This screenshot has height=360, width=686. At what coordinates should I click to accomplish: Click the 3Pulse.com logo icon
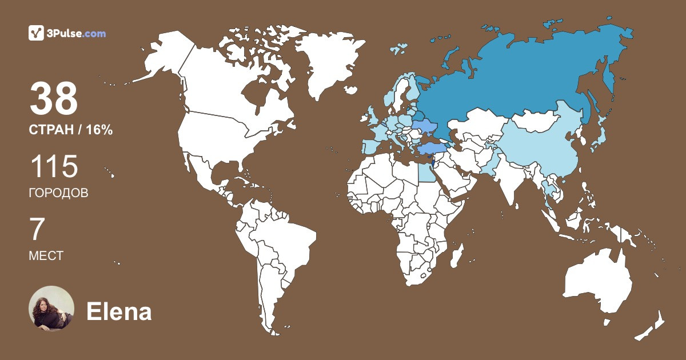tap(36, 33)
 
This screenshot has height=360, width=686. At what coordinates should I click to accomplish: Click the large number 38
tap(54, 98)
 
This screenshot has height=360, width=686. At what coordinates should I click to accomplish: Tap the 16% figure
tap(99, 130)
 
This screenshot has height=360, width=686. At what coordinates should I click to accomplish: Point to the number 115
tap(54, 167)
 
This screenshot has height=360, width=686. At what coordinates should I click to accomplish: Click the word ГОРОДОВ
tap(58, 193)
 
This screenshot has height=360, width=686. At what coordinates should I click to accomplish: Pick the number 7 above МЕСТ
tap(37, 230)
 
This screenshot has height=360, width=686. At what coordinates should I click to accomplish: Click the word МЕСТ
tap(46, 256)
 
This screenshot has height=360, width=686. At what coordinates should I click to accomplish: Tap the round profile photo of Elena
tap(51, 309)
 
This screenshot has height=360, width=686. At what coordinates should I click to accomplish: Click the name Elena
tap(119, 312)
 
